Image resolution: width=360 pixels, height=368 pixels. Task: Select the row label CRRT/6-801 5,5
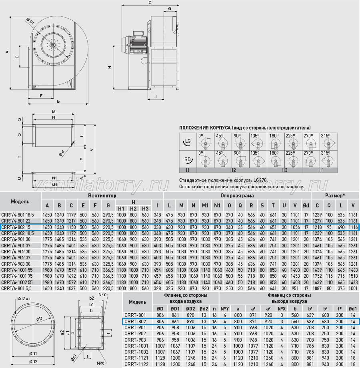point(16,288)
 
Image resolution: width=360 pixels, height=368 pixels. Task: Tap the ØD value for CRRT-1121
point(160,358)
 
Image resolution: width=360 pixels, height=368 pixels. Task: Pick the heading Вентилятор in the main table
point(102,195)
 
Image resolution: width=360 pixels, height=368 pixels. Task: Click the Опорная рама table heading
point(237,195)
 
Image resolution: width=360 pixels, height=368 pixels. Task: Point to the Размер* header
point(335,195)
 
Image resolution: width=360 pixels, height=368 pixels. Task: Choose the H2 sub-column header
point(133,209)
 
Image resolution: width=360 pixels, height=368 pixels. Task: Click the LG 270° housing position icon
point(311,141)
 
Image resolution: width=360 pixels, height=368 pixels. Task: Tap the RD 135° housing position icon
point(258,159)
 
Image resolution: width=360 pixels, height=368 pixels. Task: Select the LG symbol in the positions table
point(188,141)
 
